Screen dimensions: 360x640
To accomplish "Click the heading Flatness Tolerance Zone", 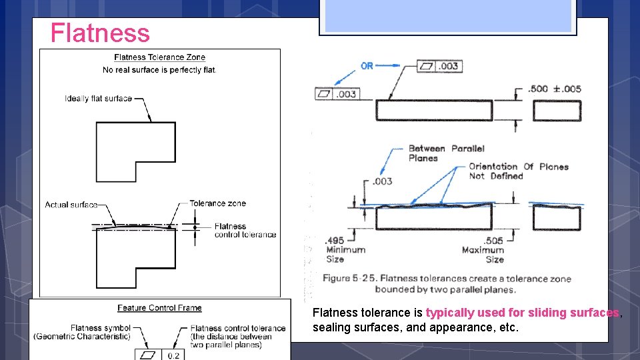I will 159,57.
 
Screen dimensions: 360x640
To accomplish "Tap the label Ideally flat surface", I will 98,99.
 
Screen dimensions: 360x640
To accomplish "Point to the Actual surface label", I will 71,205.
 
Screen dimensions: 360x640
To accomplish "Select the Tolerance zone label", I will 217,203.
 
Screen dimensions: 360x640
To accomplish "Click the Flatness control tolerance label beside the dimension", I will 245,231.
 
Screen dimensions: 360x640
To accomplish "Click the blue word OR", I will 367,66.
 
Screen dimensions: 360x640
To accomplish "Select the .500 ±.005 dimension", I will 554,89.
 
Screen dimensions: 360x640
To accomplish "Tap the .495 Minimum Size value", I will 335,241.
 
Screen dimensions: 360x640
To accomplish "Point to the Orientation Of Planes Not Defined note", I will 518,171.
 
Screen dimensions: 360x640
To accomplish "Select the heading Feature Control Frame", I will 159,308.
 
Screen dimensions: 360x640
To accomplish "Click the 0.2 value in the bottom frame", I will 173,355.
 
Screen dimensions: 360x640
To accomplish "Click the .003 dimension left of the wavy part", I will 382,181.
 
